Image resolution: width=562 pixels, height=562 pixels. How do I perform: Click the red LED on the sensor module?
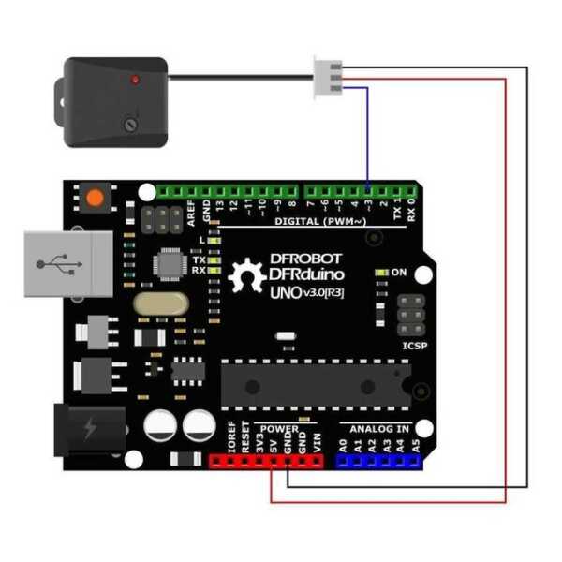[137, 81]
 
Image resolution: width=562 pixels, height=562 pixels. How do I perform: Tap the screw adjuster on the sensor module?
[131, 122]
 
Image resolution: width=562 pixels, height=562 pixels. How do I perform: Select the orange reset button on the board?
[93, 198]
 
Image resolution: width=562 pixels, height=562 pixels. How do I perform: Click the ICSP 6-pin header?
[408, 317]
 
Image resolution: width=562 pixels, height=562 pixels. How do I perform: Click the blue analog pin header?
[378, 462]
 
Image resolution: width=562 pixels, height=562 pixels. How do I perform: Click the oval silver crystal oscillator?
[156, 304]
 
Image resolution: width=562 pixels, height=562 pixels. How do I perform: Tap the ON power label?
[398, 273]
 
